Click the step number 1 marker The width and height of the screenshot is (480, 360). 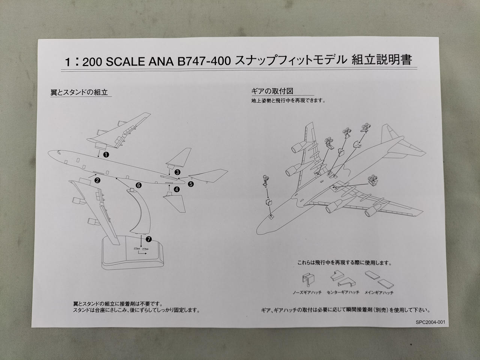[x=106, y=155]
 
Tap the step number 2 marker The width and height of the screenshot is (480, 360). [x=97, y=180]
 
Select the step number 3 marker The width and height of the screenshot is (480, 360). [x=177, y=172]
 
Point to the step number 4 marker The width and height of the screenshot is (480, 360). [x=177, y=189]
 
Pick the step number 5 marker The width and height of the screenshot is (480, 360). [x=191, y=184]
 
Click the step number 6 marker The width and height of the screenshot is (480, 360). [x=139, y=185]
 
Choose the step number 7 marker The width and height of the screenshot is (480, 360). [x=148, y=239]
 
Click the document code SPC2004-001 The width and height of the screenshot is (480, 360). [x=430, y=322]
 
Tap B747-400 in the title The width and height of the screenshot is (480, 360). [x=204, y=61]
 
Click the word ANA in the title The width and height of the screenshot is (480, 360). [x=161, y=62]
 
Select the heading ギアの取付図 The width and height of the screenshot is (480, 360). [x=272, y=91]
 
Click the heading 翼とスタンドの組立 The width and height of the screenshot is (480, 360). [x=79, y=93]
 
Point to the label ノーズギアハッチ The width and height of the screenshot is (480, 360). [x=307, y=292]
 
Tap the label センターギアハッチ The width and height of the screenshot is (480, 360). [x=343, y=292]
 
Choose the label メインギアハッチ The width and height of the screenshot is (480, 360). [x=379, y=292]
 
